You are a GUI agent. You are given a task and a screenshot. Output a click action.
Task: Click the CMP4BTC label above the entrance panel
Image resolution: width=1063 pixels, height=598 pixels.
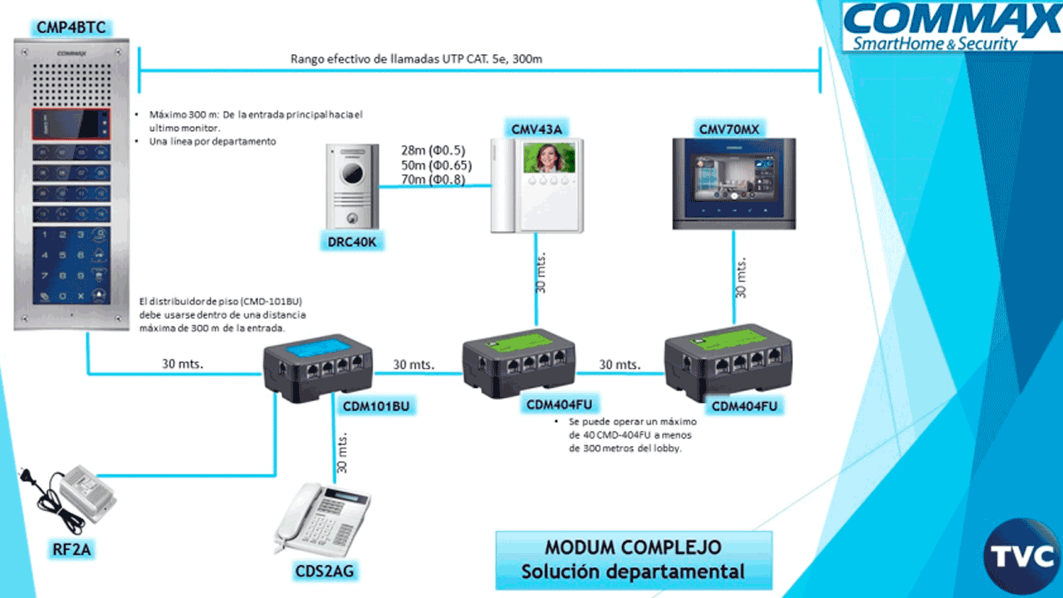point(71,28)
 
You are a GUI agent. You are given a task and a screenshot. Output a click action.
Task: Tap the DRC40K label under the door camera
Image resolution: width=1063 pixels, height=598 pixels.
point(352,243)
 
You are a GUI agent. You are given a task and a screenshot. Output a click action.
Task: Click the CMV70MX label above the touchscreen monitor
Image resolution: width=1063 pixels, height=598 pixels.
point(728,128)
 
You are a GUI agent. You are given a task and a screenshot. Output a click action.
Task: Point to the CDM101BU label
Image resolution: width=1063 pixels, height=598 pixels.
point(376,407)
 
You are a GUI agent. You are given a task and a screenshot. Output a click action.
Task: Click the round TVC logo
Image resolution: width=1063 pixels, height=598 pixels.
point(1021,556)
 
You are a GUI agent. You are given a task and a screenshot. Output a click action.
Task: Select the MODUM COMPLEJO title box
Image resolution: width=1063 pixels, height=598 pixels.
point(633,560)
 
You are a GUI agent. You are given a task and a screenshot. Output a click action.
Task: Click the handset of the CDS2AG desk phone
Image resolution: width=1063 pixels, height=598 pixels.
point(299,515)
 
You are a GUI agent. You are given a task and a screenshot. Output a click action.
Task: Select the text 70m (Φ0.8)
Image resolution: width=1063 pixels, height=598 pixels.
point(433,179)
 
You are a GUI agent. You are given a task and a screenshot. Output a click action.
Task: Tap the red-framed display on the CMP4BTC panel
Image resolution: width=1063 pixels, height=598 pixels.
point(71,125)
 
